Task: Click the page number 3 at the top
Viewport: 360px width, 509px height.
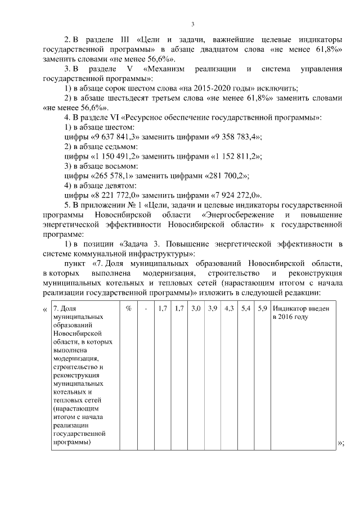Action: pyautogui.click(x=192, y=24)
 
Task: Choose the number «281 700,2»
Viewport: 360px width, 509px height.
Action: pyautogui.click(x=224, y=175)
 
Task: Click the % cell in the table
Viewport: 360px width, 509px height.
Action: pyautogui.click(x=128, y=309)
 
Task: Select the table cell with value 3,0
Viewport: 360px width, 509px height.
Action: pyautogui.click(x=196, y=309)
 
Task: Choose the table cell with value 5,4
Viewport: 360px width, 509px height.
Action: pyautogui.click(x=246, y=309)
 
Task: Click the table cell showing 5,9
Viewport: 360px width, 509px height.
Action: pyautogui.click(x=262, y=309)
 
